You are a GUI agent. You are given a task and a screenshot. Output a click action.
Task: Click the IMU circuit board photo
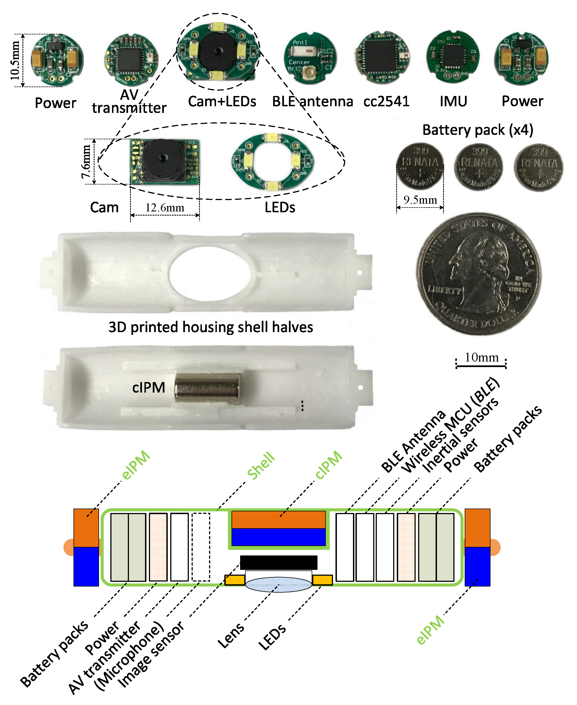453,56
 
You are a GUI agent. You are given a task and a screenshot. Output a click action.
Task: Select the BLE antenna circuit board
310,58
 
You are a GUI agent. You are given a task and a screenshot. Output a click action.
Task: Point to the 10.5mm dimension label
15,60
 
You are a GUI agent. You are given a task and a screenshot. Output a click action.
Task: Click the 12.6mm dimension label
164,208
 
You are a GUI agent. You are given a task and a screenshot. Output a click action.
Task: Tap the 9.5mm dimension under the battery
420,200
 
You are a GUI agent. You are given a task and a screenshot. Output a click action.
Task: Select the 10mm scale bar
481,366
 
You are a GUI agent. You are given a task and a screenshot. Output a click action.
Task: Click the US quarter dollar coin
479,274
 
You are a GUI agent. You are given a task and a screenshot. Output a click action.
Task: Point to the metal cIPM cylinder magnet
207,388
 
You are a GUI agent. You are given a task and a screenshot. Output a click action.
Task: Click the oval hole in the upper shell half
210,273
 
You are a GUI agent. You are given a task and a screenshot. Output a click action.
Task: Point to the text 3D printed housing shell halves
210,327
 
